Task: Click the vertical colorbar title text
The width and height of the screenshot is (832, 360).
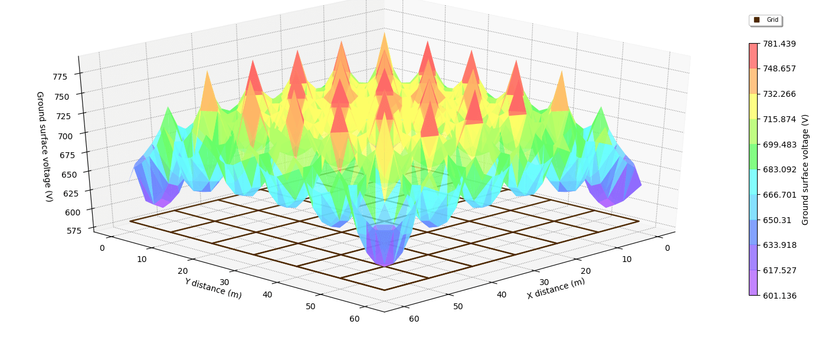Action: coord(805,169)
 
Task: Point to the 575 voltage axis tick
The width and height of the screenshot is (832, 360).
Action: coord(74,230)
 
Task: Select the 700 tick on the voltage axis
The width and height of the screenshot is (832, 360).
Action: coord(66,136)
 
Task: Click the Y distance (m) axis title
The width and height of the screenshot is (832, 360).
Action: coord(213,288)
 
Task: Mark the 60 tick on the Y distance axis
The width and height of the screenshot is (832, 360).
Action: coord(354,319)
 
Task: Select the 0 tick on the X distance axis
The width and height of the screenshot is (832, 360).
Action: coord(667,248)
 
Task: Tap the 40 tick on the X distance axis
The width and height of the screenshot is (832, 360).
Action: coord(501,294)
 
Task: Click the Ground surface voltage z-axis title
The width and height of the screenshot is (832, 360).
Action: coord(44,146)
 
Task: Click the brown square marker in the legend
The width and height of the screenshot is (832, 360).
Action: coord(757,20)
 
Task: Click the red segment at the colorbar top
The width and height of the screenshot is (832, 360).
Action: coord(754,55)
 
